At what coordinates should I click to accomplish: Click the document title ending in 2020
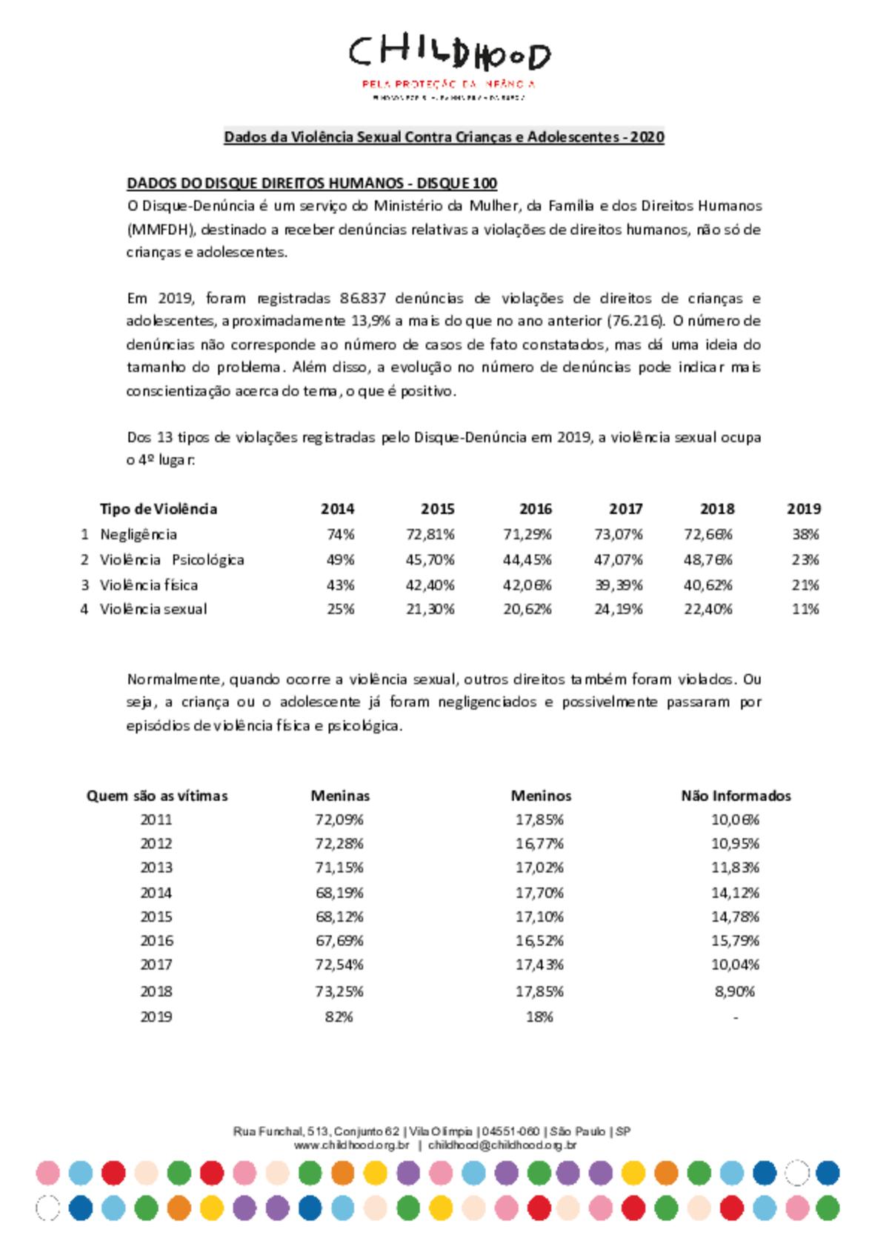[444, 137]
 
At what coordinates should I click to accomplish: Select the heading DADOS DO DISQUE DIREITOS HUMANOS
[312, 183]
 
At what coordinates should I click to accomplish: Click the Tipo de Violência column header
[159, 509]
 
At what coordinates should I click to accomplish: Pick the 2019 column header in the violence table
[804, 509]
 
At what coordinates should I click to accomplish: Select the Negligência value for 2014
[341, 534]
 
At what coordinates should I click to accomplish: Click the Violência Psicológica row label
[172, 559]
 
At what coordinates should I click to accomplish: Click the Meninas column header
[340, 796]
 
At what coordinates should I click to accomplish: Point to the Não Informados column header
[736, 796]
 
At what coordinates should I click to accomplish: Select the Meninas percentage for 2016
[339, 941]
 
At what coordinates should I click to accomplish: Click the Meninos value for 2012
[540, 843]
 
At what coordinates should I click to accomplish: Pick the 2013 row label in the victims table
[156, 868]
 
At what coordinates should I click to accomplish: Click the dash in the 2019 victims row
[735, 1017]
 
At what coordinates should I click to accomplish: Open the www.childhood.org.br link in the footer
[352, 1145]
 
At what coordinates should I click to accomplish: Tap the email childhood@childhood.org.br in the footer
[502, 1145]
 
